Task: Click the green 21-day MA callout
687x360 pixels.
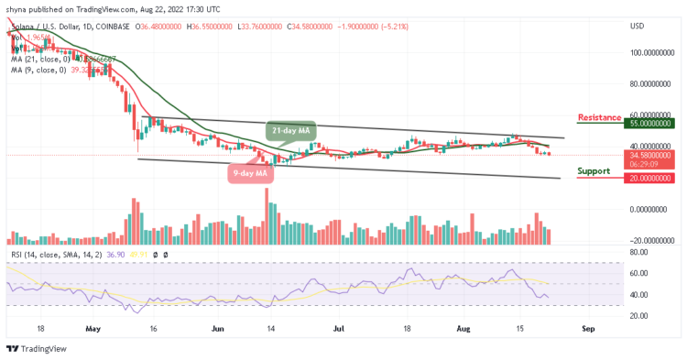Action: click(291, 131)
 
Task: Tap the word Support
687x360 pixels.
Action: click(594, 171)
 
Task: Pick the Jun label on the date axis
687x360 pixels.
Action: click(217, 325)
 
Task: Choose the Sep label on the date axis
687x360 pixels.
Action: click(589, 325)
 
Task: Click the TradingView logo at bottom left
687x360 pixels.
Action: click(37, 349)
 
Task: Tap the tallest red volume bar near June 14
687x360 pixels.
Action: click(267, 216)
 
